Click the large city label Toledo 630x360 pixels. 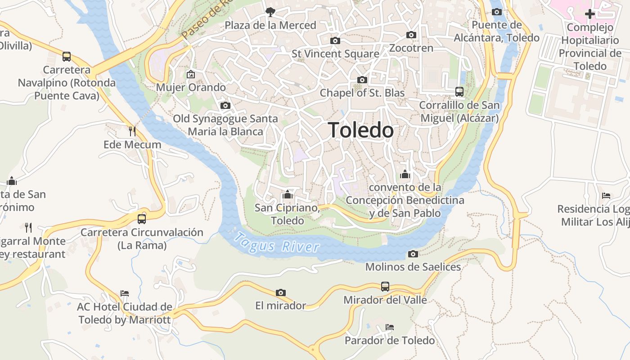[x=360, y=130]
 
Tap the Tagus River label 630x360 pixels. [x=277, y=243]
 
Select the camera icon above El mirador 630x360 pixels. [x=281, y=293]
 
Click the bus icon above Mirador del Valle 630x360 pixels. [x=385, y=287]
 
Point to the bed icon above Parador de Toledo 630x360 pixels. [x=390, y=327]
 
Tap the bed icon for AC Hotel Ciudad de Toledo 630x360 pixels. [x=125, y=293]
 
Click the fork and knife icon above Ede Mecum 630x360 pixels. [x=132, y=131]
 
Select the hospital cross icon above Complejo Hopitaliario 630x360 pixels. [x=589, y=14]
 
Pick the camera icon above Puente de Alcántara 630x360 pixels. [x=497, y=12]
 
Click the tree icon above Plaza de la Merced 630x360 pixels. [x=270, y=12]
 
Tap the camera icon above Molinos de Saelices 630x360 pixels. [x=413, y=254]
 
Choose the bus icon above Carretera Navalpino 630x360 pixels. [x=67, y=57]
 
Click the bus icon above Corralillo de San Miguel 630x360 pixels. [x=459, y=92]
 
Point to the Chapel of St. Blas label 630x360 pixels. [x=362, y=93]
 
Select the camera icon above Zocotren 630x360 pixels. [x=411, y=35]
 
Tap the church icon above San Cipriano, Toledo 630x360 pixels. [x=287, y=195]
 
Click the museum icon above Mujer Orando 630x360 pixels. [x=191, y=74]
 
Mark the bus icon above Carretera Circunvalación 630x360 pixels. [x=142, y=219]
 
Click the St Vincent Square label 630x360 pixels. [x=335, y=54]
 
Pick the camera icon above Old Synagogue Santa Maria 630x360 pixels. [x=225, y=106]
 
